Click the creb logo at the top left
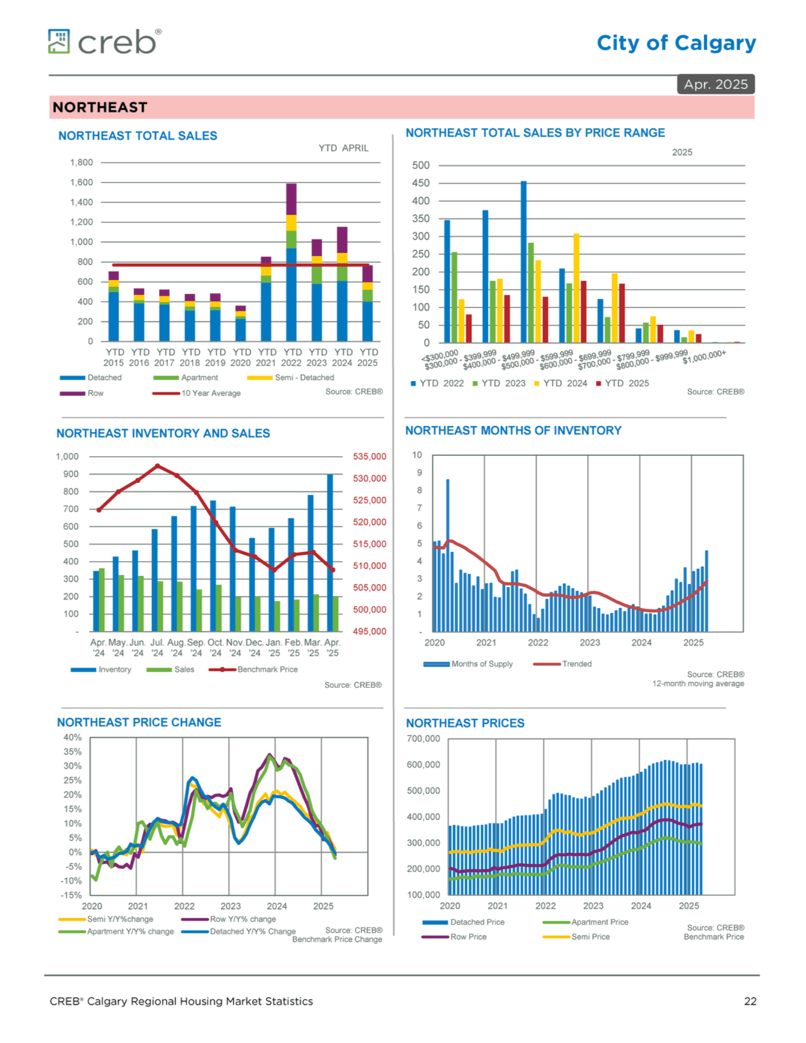coord(105,42)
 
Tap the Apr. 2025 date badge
coord(715,84)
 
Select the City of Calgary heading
coord(676,43)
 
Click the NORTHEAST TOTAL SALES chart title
coord(138,136)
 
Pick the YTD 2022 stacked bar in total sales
coord(291,262)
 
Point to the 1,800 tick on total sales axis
coord(81,162)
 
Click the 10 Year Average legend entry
coord(197,393)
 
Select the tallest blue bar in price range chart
coord(523,262)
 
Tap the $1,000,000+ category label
coord(704,357)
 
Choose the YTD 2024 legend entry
coord(561,383)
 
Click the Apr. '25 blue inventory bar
coord(330,553)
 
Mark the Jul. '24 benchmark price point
coord(158,466)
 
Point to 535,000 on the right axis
coord(369,456)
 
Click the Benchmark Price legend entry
coord(253,669)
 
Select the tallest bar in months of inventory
coord(448,555)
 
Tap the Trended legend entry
coord(562,664)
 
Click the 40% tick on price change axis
coord(73,737)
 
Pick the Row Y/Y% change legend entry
coord(228,919)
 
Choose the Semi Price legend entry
coord(576,937)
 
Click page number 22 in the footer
coord(750,1001)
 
